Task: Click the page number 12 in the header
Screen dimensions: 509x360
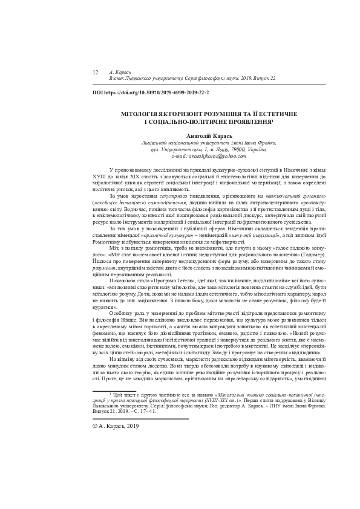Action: pyautogui.click(x=95, y=72)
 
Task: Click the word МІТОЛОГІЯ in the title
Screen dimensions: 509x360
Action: pyautogui.click(x=143, y=113)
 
